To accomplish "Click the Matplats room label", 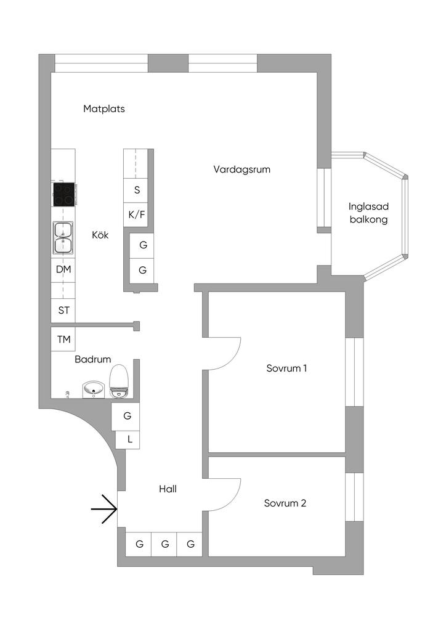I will click(x=104, y=109).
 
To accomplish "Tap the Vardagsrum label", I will click(x=242, y=169).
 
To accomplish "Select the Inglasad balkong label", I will click(x=368, y=213).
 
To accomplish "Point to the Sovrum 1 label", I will click(x=286, y=368).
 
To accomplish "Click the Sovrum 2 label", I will click(x=285, y=503).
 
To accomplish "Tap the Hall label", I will click(x=168, y=489).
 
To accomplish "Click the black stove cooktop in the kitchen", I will click(x=63, y=195).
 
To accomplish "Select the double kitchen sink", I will click(x=63, y=238).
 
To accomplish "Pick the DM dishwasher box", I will click(x=63, y=270).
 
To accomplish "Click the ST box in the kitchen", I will click(x=63, y=310).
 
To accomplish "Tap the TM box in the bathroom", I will click(x=63, y=340).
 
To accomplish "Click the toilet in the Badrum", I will click(x=118, y=380).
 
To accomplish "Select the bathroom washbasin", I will click(x=94, y=389).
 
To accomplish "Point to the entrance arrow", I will click(x=104, y=509).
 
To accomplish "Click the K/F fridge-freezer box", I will click(x=137, y=215).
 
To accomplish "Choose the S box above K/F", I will click(x=137, y=190).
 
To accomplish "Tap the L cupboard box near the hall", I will click(x=129, y=439).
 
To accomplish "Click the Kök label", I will click(x=100, y=235).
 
